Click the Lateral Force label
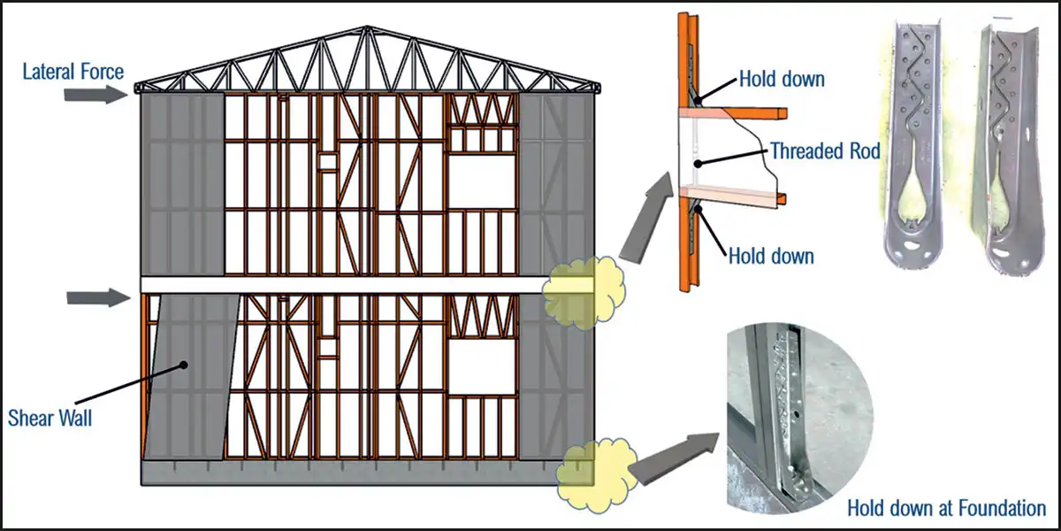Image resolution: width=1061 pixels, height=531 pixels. [72, 70]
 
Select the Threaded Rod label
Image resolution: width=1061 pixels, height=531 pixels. [824, 150]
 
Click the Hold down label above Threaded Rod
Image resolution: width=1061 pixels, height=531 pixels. [782, 79]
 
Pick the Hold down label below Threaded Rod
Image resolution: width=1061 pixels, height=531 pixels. [771, 257]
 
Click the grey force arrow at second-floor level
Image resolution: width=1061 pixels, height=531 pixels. [97, 297]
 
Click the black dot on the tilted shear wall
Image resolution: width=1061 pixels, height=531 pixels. [184, 364]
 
